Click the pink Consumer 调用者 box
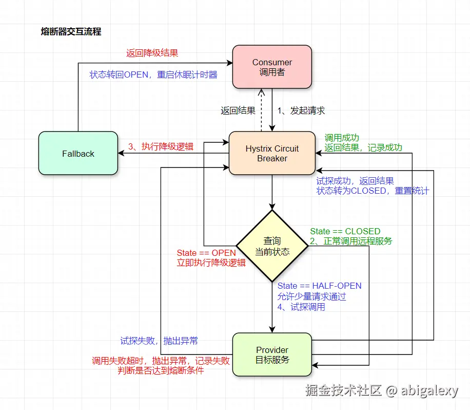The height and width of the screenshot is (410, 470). click(x=272, y=67)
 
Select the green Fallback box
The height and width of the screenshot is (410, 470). click(x=78, y=154)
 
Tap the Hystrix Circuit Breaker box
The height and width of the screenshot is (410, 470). click(x=272, y=153)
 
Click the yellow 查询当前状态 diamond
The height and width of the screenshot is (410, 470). click(x=272, y=246)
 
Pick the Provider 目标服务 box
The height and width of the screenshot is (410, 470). click(x=272, y=355)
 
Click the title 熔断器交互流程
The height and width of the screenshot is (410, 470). click(x=71, y=32)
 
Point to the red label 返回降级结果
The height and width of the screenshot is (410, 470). click(x=152, y=53)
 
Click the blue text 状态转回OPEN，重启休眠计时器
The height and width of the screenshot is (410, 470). click(x=153, y=75)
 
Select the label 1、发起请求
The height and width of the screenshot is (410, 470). click(x=301, y=110)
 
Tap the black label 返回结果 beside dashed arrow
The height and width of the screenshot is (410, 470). click(x=238, y=110)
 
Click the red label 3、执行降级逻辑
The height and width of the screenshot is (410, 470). click(x=161, y=146)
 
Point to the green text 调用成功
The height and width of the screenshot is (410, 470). click(x=342, y=138)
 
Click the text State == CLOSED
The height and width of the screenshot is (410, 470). click(x=345, y=231)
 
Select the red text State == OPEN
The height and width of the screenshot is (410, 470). click(x=206, y=253)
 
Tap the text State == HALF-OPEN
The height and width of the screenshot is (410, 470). click(x=319, y=286)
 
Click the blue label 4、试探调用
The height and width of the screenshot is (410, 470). click(x=301, y=307)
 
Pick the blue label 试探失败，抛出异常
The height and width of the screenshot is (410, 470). click(x=159, y=341)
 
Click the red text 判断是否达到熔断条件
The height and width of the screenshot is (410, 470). click(x=161, y=370)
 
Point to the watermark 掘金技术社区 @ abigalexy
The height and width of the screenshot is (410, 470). click(x=381, y=391)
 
